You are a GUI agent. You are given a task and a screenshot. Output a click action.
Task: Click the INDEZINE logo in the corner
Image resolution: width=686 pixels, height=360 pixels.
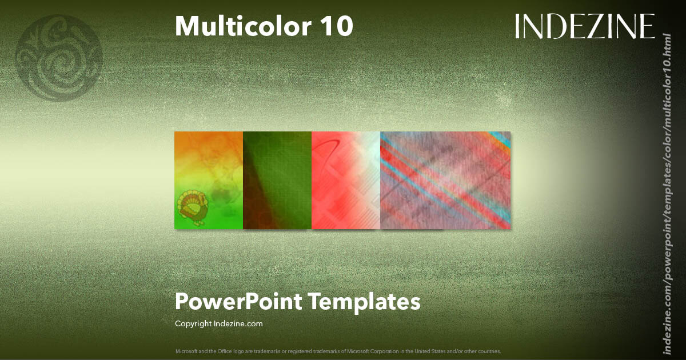[x=584, y=27]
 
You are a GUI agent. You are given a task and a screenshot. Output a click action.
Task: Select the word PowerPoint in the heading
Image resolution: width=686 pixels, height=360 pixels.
[x=238, y=301]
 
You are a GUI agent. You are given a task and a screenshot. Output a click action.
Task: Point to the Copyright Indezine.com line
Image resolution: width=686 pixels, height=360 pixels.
[x=218, y=323]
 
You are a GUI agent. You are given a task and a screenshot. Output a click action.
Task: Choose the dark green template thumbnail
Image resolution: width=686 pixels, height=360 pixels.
[x=277, y=180]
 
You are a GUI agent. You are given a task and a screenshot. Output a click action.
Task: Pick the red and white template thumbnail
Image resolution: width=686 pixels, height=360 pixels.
[x=346, y=180]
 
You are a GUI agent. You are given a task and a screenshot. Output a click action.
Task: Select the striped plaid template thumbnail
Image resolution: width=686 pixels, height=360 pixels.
[x=445, y=180]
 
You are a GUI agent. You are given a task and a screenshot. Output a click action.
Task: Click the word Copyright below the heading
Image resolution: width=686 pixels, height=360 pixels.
[x=193, y=323]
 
